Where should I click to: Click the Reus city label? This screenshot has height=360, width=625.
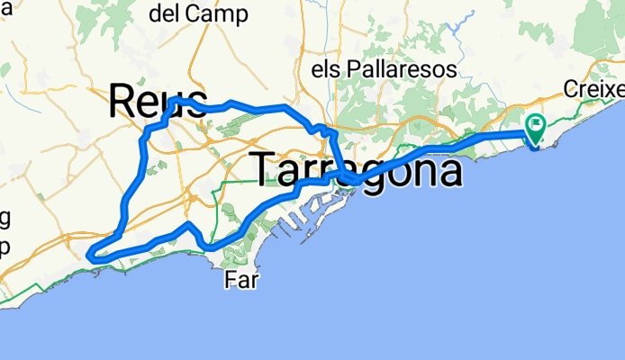[x=158, y=101]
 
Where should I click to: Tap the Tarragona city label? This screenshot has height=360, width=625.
[x=356, y=170]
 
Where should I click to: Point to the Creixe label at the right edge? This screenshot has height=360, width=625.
[x=594, y=89]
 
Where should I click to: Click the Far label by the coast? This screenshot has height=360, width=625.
[x=241, y=281]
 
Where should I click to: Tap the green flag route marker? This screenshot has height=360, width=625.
[x=537, y=128]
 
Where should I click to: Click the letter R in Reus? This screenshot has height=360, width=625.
[x=122, y=101]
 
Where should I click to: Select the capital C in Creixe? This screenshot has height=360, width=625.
[x=573, y=89]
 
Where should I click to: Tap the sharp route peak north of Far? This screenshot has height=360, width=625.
[x=188, y=222]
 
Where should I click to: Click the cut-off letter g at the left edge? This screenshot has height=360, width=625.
[x=5, y=220]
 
